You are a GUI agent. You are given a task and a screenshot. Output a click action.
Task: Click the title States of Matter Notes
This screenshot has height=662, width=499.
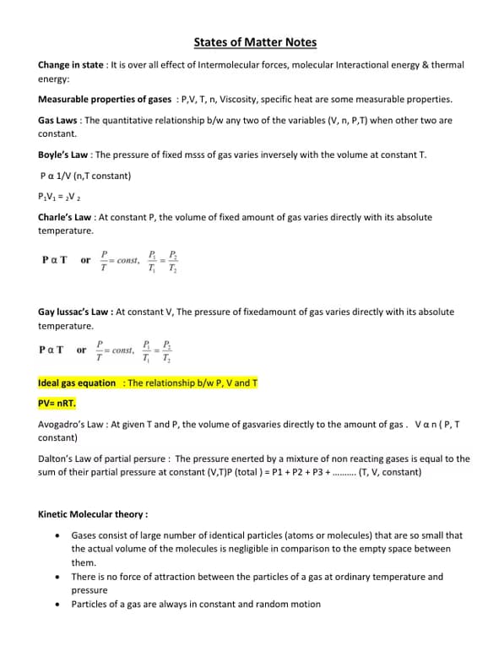[x=255, y=41]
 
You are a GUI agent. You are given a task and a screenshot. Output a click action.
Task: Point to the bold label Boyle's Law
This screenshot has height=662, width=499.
[x=64, y=155]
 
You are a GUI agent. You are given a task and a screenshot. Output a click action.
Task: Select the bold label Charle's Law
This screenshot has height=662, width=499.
[x=67, y=217]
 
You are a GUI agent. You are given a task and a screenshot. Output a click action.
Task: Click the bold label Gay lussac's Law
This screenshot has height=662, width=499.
[x=74, y=312]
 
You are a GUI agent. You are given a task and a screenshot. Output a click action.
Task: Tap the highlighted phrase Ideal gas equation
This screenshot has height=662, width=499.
[x=77, y=383]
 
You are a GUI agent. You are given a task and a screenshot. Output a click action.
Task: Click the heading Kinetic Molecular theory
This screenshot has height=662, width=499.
[x=93, y=513]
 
